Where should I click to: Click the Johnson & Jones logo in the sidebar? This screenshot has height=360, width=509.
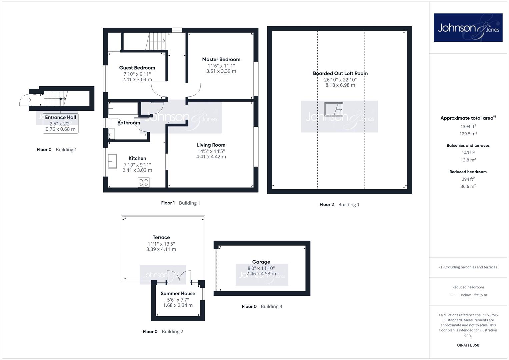click(x=468, y=27)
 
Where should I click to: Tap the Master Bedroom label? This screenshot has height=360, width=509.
click(x=221, y=59)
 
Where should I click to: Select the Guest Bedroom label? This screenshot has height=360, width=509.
click(x=137, y=68)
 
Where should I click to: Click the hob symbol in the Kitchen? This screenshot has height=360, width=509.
click(x=144, y=182)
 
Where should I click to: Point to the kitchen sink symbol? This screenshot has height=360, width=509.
click(x=112, y=161)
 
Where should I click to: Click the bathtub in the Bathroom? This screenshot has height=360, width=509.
click(x=123, y=108)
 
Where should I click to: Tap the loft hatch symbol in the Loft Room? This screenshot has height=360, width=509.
click(x=334, y=109)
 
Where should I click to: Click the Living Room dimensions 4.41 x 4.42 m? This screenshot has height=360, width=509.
click(x=211, y=157)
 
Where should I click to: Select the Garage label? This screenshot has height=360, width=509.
click(x=261, y=262)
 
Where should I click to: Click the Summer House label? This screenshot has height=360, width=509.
click(x=178, y=293)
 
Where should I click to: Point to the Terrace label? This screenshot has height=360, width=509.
click(x=161, y=237)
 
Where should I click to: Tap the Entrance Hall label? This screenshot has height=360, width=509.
click(x=60, y=117)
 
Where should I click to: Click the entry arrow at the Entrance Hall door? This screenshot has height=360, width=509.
click(x=29, y=100)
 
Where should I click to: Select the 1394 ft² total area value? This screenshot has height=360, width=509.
click(x=468, y=126)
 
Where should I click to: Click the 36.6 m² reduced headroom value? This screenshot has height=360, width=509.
click(x=468, y=186)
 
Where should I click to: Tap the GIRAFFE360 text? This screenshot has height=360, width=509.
click(x=468, y=345)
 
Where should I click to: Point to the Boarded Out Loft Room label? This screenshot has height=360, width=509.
click(x=340, y=73)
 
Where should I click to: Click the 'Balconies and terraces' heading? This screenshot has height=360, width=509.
click(x=468, y=145)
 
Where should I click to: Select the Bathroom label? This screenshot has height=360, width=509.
click(x=129, y=123)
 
